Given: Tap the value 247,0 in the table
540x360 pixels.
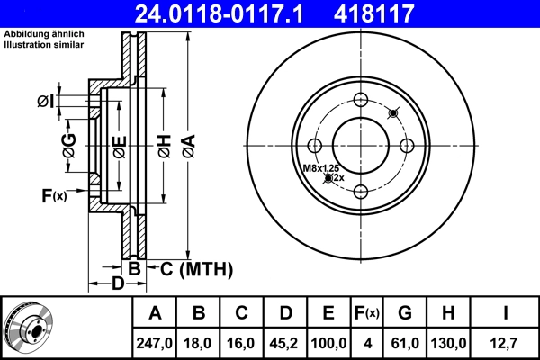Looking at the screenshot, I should [155, 342].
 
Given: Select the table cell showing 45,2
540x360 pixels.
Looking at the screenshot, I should [285, 342].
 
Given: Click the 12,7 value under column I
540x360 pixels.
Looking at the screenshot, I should [505, 342].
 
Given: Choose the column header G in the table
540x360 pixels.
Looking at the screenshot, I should [405, 313].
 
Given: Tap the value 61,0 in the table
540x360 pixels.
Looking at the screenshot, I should [405, 342].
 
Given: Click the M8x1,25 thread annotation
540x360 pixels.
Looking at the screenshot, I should [320, 168].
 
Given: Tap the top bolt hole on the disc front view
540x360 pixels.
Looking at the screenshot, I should [361, 101].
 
